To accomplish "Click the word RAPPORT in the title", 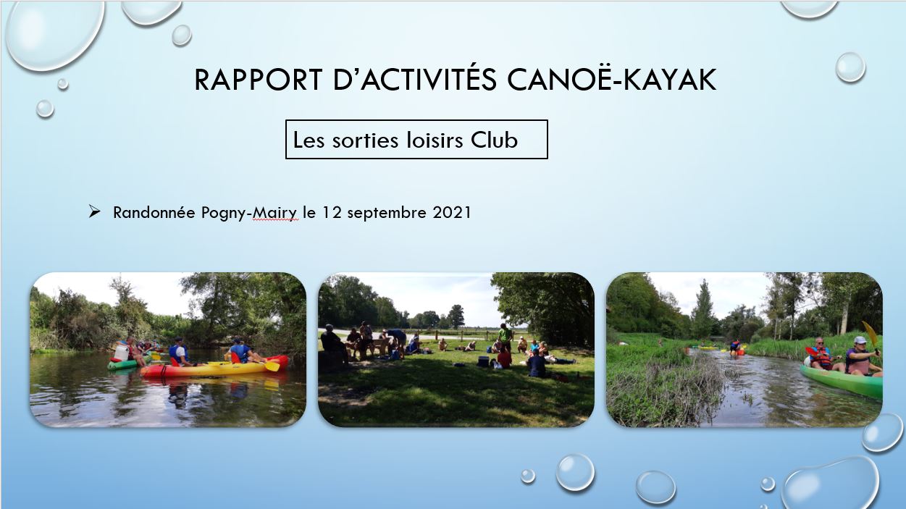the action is pyautogui.click(x=259, y=80).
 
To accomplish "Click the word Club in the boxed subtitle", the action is pyautogui.click(x=494, y=140).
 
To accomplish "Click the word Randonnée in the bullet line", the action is pyautogui.click(x=154, y=212).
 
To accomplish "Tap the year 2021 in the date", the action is pyautogui.click(x=452, y=212).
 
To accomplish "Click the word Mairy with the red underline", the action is pyautogui.click(x=275, y=213).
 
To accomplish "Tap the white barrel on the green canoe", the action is pyautogui.click(x=121, y=352).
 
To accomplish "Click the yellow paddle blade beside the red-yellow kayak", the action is pyautogui.click(x=272, y=366).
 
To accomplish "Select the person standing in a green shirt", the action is pyautogui.click(x=505, y=337).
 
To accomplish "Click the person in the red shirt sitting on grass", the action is pyautogui.click(x=503, y=358).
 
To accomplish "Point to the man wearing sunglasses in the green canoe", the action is pyautogui.click(x=821, y=354).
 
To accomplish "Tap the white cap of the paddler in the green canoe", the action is pyautogui.click(x=860, y=340).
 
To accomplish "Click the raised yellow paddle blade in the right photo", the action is pyautogui.click(x=870, y=334).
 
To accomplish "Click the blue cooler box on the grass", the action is pyautogui.click(x=483, y=361).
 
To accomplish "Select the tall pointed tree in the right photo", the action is pyautogui.click(x=703, y=309).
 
